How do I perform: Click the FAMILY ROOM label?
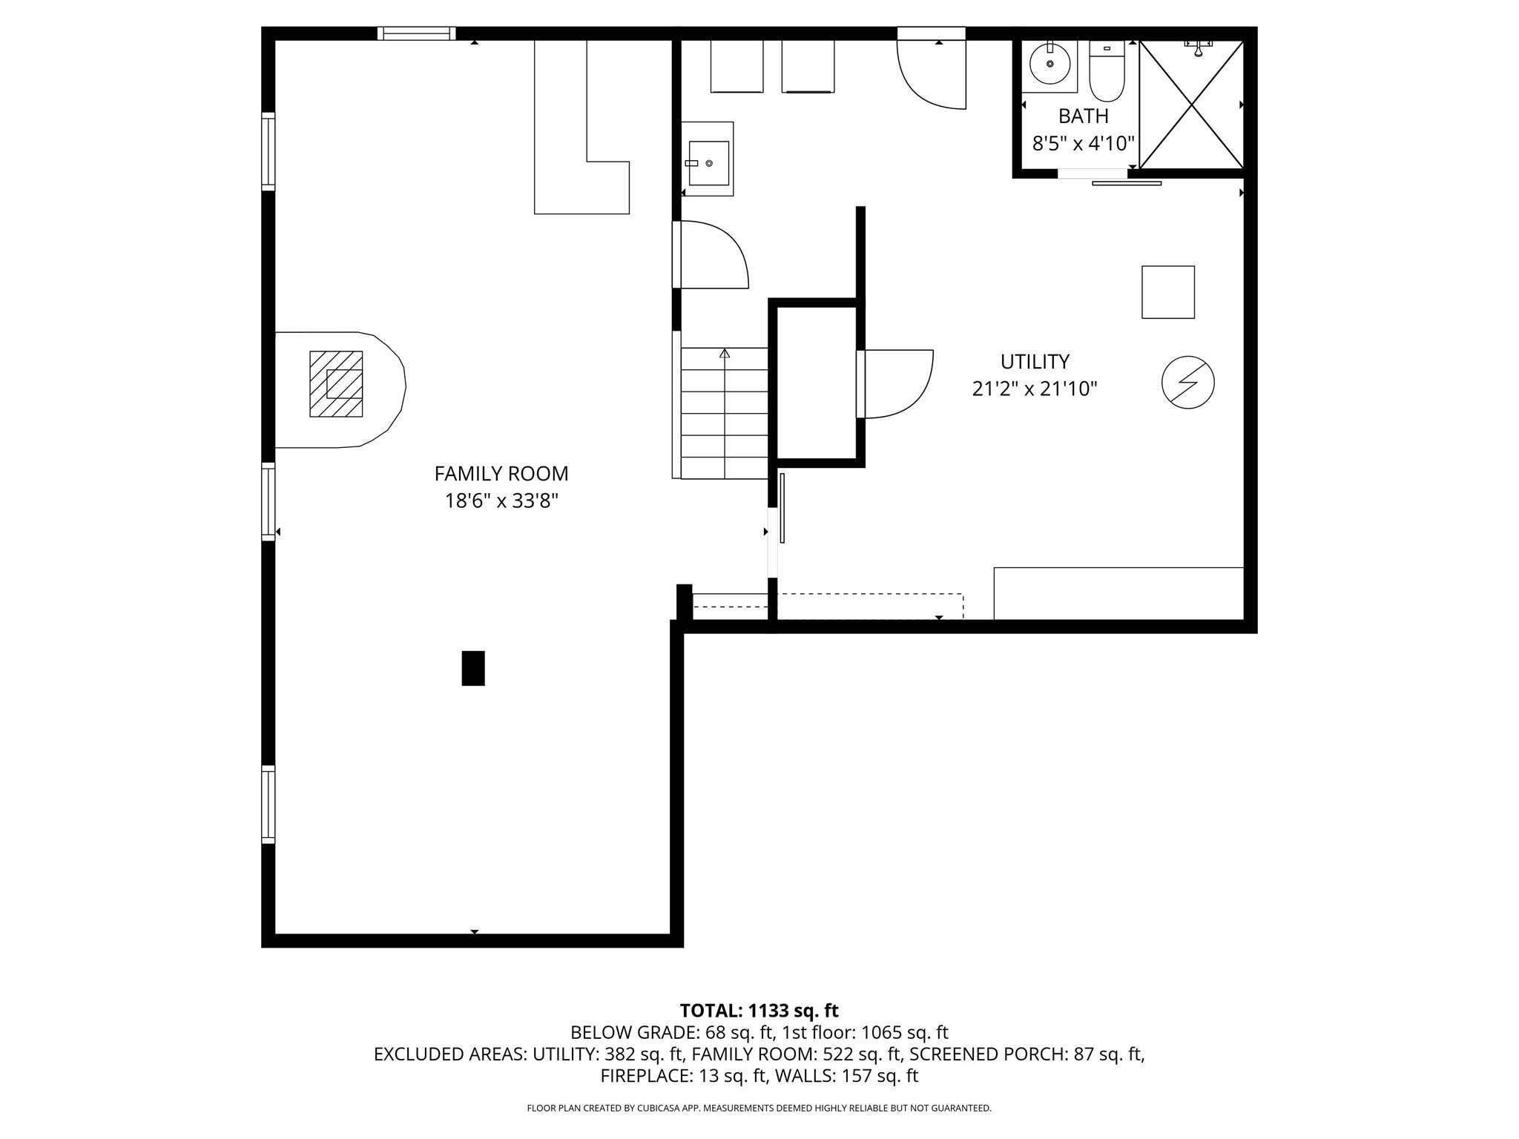click(501, 473)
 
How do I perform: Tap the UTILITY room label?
click(1035, 362)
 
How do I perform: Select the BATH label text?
click(1083, 116)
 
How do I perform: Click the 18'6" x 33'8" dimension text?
click(501, 501)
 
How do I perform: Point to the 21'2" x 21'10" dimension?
click(1035, 389)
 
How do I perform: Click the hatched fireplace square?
click(336, 384)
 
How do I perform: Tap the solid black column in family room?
click(473, 668)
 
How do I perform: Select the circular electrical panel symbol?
click(1187, 383)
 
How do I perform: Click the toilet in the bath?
click(1107, 72)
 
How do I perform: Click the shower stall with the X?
click(1191, 105)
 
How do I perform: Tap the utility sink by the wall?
click(708, 162)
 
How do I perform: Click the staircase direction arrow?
click(725, 354)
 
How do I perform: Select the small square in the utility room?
click(1167, 292)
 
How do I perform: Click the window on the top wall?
click(416, 33)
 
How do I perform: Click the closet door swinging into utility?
click(895, 383)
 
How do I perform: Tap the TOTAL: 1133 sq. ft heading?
click(759, 1011)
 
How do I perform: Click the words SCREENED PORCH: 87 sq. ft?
click(1027, 1054)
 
